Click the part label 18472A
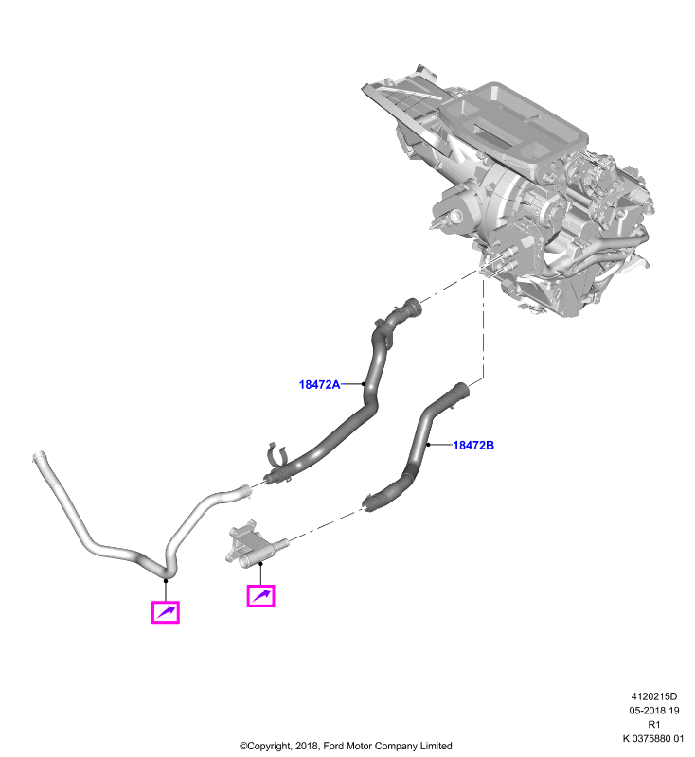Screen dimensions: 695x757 [319, 384]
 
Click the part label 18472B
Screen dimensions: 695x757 [473, 445]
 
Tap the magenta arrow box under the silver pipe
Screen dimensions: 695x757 [165, 612]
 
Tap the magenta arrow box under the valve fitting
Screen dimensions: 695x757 [260, 596]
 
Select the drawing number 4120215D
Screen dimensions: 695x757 [654, 696]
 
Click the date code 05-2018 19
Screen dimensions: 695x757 [654, 711]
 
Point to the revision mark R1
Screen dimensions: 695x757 [654, 724]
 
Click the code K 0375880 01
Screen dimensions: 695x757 [653, 738]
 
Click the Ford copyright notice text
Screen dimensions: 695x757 [346, 746]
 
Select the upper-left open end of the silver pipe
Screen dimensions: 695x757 [38, 456]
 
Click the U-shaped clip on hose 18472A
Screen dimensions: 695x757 [276, 454]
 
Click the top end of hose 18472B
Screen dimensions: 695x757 [461, 390]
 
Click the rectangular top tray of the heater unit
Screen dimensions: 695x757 [514, 128]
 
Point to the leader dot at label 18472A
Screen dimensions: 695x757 [364, 384]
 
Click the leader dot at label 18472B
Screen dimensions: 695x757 [428, 445]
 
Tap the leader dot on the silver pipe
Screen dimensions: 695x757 [166, 580]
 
